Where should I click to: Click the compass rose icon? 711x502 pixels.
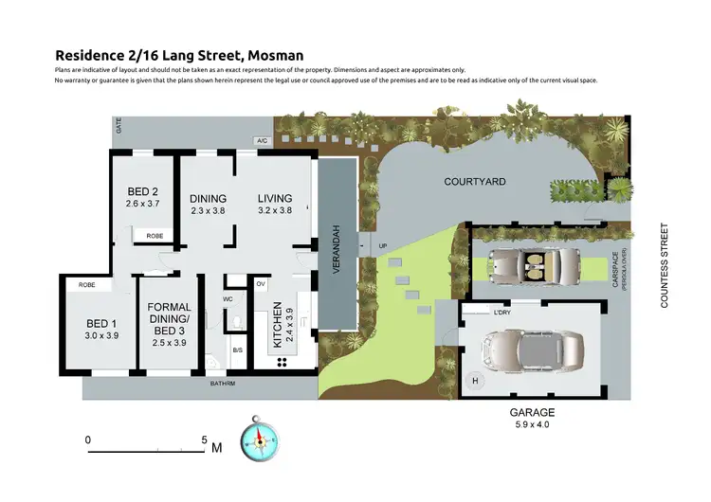(259, 439)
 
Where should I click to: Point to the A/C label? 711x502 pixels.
(263, 141)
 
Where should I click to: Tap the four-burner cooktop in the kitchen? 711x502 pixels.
(282, 362)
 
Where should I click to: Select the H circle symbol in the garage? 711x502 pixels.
(475, 381)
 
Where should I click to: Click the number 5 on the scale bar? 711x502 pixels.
(204, 439)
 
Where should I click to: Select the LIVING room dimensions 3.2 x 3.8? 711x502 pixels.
(274, 211)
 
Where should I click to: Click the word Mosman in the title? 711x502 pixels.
(280, 56)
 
